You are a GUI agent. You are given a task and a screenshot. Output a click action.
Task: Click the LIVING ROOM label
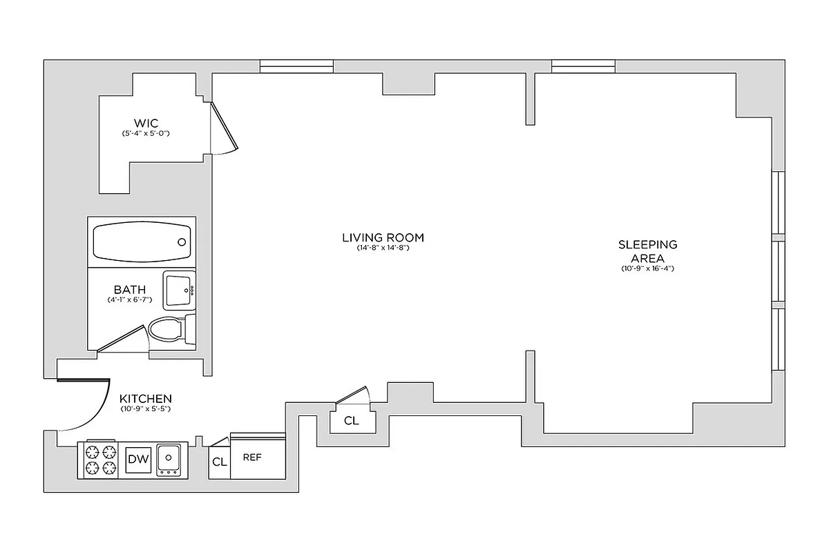[x=383, y=238]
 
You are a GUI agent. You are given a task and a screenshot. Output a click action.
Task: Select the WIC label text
[x=146, y=124]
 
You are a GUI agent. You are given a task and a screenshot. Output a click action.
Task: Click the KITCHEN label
[x=145, y=399]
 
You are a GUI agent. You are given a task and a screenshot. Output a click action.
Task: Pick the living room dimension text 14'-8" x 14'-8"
[x=383, y=248]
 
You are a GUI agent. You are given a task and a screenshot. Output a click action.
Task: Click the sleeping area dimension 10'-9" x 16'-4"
[x=647, y=268]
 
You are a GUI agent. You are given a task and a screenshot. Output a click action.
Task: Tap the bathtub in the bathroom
[x=142, y=241]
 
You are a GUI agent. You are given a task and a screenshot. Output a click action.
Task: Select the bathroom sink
[x=179, y=290]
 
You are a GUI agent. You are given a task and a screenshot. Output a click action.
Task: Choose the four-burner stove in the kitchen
[x=99, y=460]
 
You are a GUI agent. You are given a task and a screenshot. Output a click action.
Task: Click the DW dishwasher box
[x=137, y=460]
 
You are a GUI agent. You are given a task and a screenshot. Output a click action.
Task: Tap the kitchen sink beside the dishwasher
[x=169, y=458]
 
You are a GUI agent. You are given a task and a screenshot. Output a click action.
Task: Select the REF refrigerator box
[x=253, y=457]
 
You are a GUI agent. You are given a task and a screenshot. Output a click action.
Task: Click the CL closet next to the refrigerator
[x=219, y=462]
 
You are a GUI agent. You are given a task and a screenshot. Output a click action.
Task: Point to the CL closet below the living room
[x=351, y=421]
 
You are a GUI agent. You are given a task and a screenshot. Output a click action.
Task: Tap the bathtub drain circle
[x=182, y=242]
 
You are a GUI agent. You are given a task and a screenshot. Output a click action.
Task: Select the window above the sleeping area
[x=583, y=67]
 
